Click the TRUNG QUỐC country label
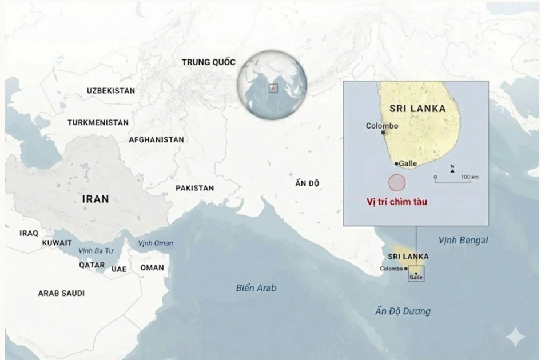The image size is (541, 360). click(208, 62)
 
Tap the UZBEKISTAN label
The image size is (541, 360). click(111, 91)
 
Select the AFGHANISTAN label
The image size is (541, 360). click(156, 139)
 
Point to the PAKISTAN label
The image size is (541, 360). click(194, 188)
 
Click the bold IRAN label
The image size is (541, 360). click(96, 199)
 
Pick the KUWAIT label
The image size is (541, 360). click(57, 243)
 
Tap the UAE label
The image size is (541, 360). click(119, 269)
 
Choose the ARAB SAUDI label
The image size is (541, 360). click(61, 293)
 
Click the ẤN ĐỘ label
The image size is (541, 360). click(307, 183)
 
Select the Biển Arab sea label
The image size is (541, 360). click(256, 288)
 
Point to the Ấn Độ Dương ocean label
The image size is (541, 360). click(403, 311)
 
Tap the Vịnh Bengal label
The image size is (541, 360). click(463, 241)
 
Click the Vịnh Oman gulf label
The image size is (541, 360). click(156, 243)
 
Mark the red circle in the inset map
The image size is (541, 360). click(397, 183)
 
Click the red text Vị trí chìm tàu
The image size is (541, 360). click(397, 201)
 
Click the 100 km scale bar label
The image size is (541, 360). click(470, 177)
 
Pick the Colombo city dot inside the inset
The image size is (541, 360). click(383, 133)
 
